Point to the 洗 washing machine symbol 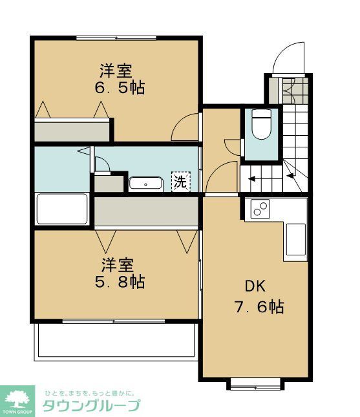coord(180,182)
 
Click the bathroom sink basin coord(145,184)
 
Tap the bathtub coord(62,209)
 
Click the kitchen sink coord(296,241)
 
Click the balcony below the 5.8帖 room coord(116,340)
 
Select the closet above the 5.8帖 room coord(146,211)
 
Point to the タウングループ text coord(91,406)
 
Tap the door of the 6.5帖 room coord(186,128)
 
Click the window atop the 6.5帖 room coord(116,37)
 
